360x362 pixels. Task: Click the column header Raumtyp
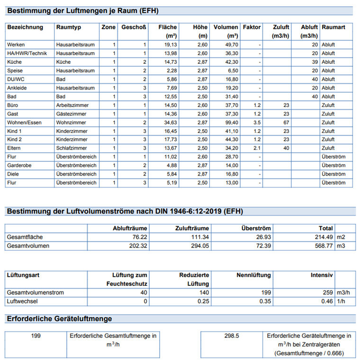coord(68,27)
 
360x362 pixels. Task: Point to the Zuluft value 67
coord(286,122)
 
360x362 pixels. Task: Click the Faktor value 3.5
coord(257,122)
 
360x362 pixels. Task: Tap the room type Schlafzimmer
coord(72,148)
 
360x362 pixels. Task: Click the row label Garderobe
coord(19,165)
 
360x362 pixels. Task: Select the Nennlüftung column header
coord(253,275)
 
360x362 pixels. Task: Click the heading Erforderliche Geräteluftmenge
coord(59,318)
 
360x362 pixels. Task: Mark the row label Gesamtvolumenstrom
coord(36,292)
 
